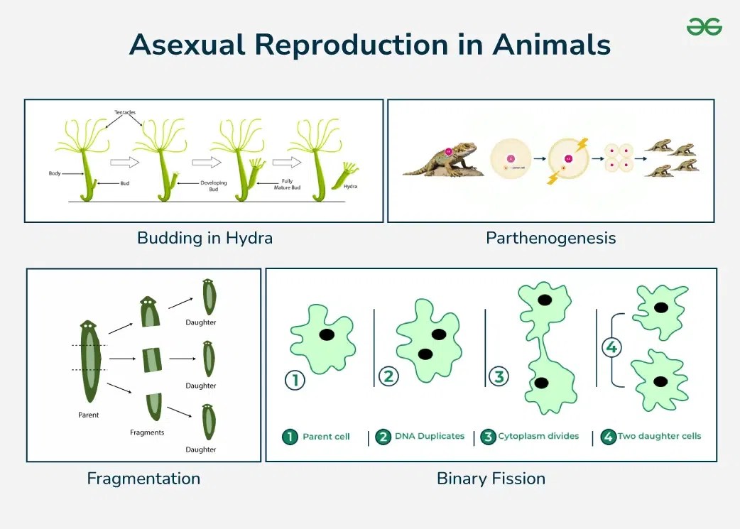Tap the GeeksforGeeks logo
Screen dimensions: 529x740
point(704,27)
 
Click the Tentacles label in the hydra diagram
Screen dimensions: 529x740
point(125,113)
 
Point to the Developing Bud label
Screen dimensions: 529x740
point(213,187)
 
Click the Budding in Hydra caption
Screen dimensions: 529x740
point(205,238)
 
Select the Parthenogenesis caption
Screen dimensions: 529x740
point(550,238)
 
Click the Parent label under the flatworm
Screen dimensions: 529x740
point(88,414)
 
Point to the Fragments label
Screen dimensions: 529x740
point(147,432)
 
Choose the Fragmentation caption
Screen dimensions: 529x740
point(143,479)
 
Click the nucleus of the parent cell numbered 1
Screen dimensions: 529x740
point(327,334)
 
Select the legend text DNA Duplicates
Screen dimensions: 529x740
point(430,437)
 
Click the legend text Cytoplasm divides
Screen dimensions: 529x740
point(538,436)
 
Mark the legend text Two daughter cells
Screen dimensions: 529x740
point(659,436)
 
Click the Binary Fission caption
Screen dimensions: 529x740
point(491,479)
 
